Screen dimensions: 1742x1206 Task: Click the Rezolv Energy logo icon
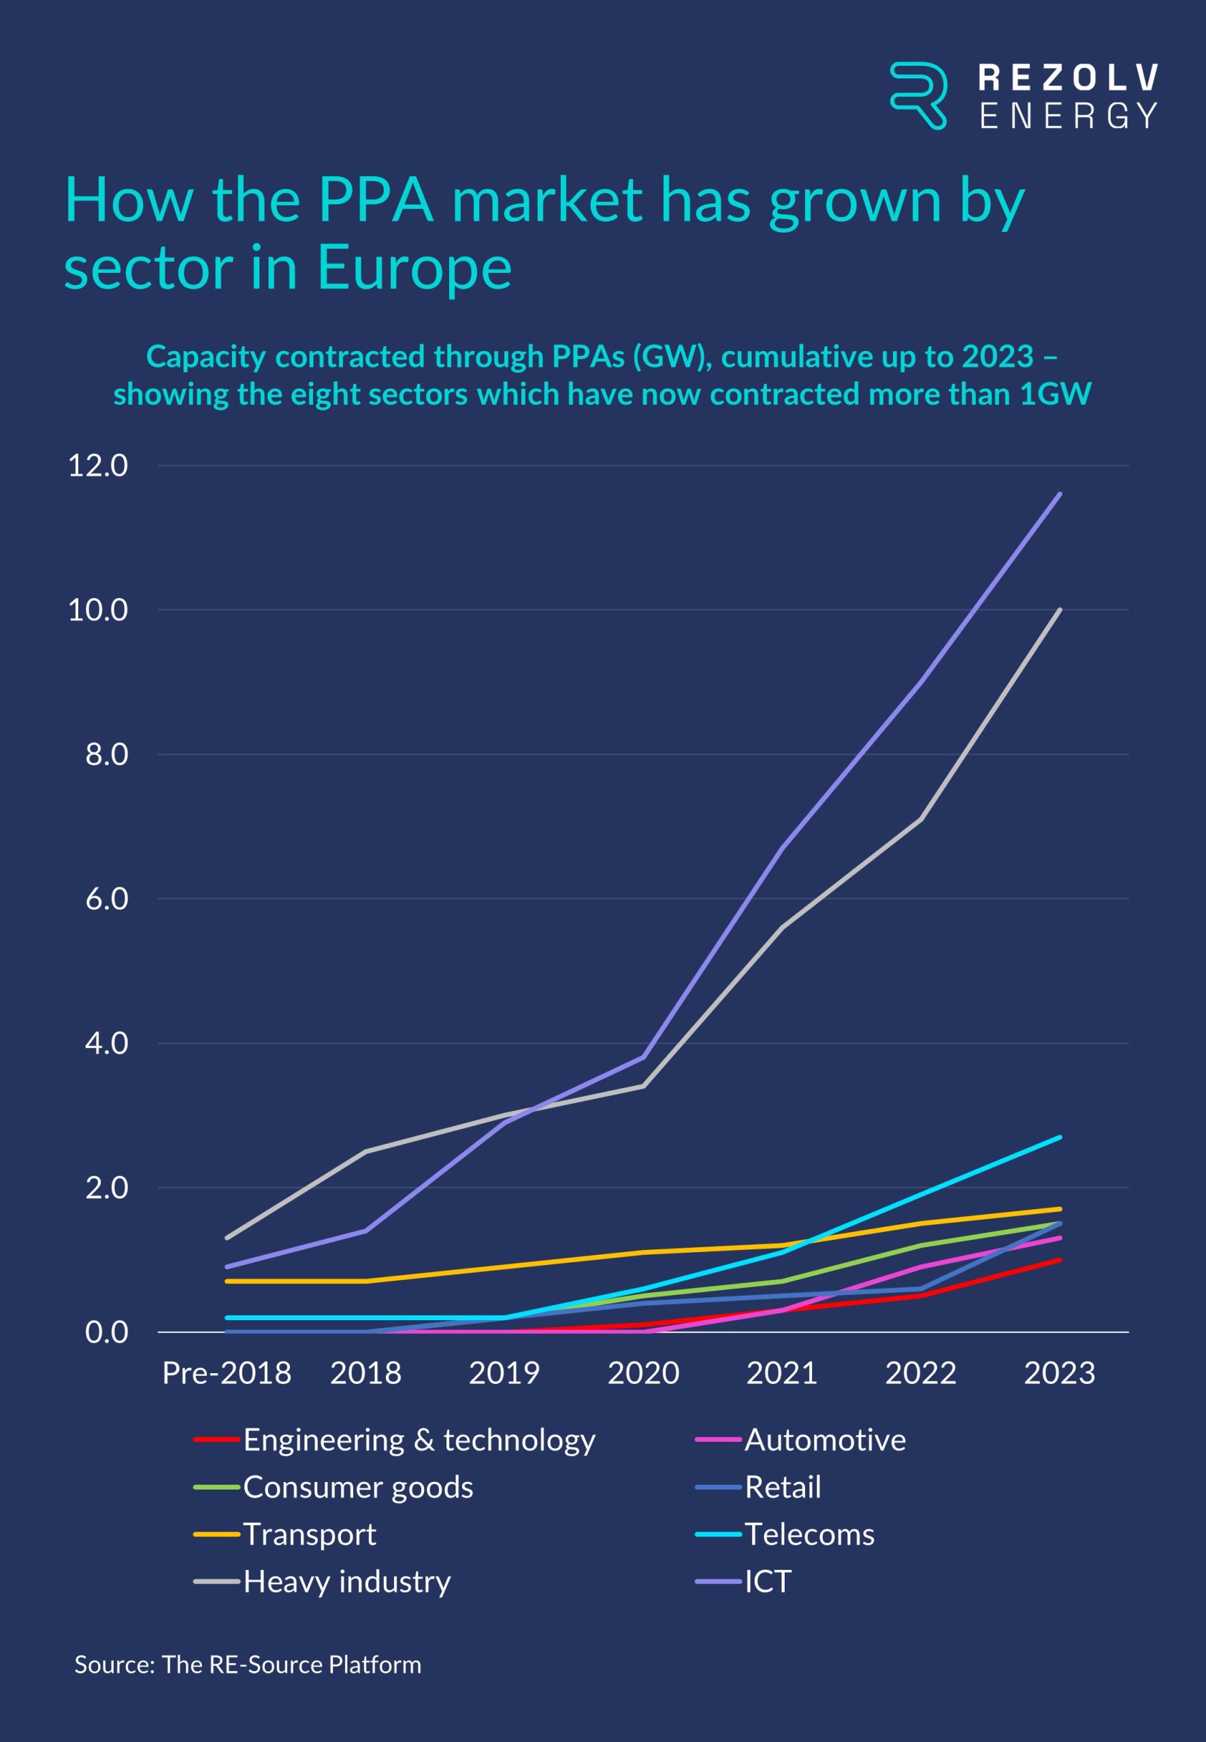tap(918, 96)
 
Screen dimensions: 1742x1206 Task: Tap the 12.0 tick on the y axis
tap(97, 465)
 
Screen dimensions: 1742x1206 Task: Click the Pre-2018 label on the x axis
tap(227, 1373)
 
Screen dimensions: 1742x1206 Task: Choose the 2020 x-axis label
tap(643, 1373)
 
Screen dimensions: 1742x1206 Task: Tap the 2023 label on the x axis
tap(1060, 1373)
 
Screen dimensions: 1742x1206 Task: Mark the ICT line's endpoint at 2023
tap(1060, 494)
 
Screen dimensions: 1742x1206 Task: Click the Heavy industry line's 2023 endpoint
tap(1060, 610)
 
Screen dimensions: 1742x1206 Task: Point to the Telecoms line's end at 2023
tap(1060, 1137)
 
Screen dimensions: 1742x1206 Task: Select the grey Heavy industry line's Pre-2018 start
tap(227, 1237)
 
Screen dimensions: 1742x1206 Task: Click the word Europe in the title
tap(413, 267)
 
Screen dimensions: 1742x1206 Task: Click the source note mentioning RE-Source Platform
tap(248, 1664)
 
